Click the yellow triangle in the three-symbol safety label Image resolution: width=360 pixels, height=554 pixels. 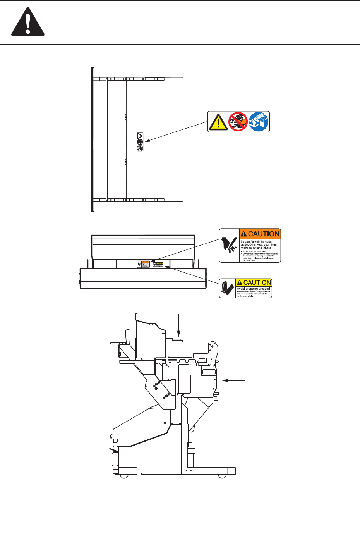pos(218,122)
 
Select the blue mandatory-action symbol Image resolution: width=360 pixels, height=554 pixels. pos(259,122)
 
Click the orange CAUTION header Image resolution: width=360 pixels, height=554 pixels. pos(260,234)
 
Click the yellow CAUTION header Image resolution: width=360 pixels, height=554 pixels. pos(254,283)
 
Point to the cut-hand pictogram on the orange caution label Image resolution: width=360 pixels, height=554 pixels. pos(229,245)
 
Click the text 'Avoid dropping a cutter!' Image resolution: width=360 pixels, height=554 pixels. pos(253,289)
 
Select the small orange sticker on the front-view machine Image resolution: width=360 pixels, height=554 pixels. pos(143,264)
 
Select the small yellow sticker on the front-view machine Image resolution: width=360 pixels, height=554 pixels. pos(158,264)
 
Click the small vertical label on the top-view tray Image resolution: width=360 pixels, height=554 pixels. pos(140,142)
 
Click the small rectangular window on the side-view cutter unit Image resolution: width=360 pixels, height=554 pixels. pos(209,372)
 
